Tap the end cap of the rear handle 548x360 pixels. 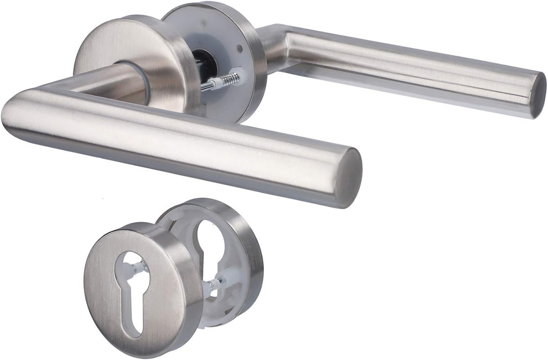[x=537, y=95]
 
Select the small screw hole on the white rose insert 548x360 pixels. [x=239, y=49]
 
